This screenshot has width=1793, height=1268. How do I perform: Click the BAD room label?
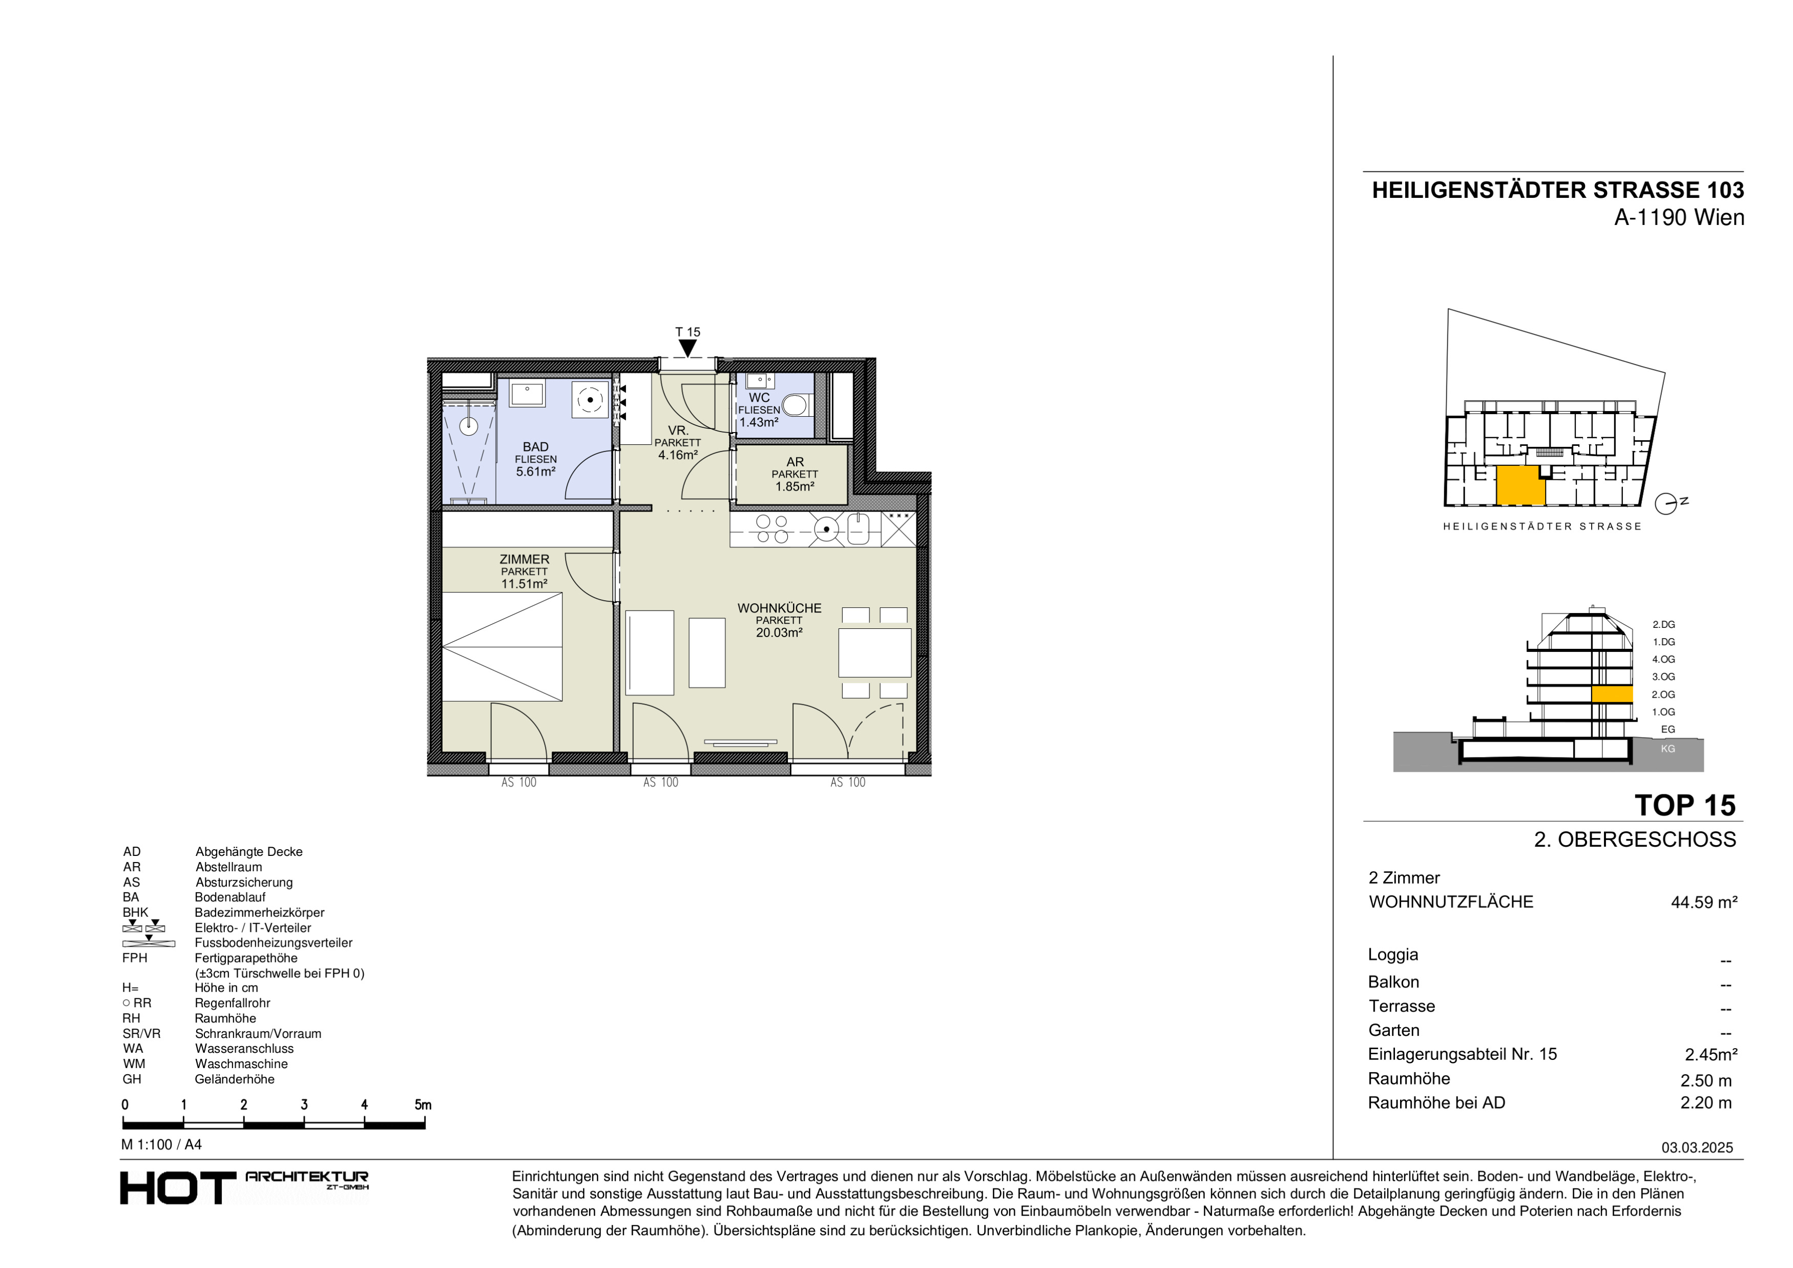[536, 447]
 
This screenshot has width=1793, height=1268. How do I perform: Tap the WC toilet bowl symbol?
[795, 405]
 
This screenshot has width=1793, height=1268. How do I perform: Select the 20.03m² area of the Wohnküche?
[779, 633]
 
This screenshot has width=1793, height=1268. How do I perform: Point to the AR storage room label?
[795, 462]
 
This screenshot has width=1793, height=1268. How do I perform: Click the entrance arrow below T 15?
[687, 347]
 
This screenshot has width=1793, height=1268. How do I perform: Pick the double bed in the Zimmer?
[502, 647]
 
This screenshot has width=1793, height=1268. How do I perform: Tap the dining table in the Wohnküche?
[874, 652]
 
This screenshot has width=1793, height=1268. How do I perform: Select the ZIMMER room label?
[524, 559]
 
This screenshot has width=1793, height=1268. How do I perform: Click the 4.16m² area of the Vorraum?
[678, 455]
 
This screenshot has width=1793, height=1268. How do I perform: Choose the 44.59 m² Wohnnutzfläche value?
[1704, 903]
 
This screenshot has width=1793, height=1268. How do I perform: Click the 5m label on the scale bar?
[423, 1105]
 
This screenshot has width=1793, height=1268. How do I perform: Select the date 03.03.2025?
[1697, 1148]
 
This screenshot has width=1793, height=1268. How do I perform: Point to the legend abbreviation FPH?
[134, 958]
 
